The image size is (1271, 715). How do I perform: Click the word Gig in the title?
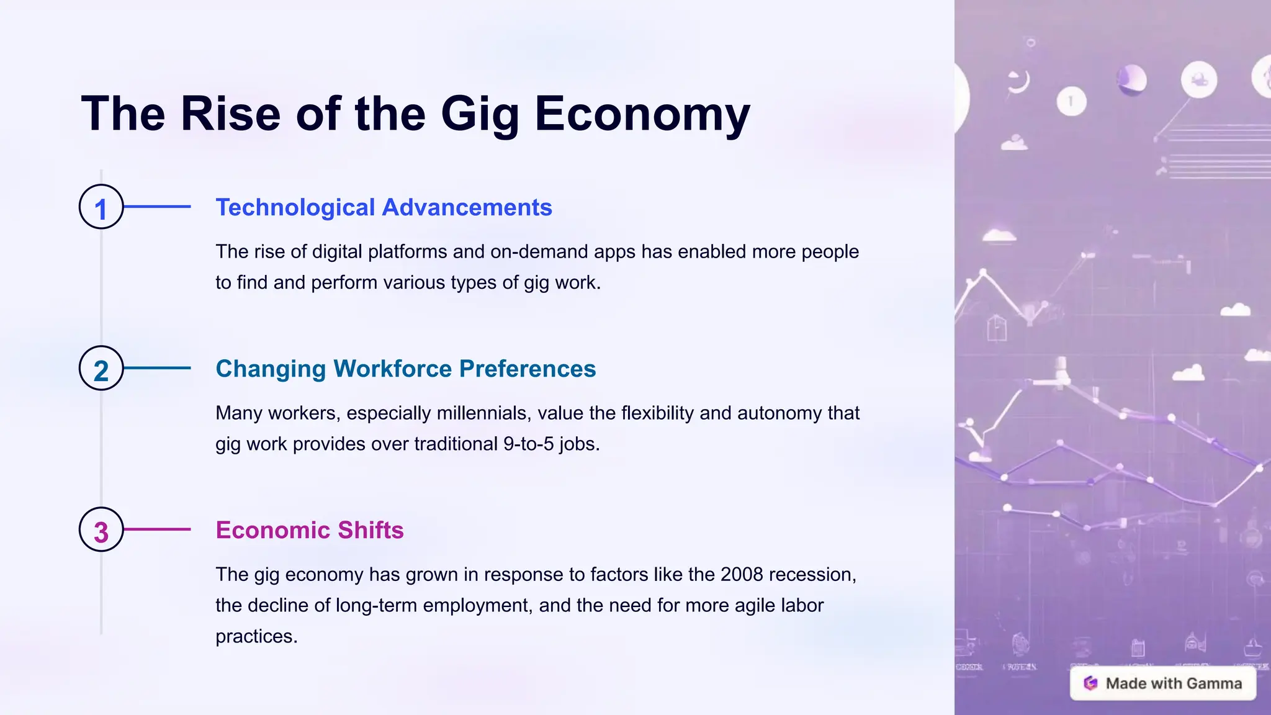(479, 114)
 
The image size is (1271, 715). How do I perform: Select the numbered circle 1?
(101, 207)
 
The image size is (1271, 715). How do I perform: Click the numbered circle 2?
(101, 368)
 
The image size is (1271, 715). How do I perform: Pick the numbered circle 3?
(101, 529)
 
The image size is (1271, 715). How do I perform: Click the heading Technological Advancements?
(384, 207)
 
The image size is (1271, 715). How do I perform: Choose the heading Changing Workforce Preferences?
(405, 369)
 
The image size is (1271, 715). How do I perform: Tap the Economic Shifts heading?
(309, 530)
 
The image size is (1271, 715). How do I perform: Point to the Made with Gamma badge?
(1162, 683)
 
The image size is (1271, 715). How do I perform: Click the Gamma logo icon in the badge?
(1090, 683)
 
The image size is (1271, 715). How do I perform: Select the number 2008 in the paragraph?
(742, 574)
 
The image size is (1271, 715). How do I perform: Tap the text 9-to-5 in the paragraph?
(528, 444)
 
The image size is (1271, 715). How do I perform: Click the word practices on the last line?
(256, 636)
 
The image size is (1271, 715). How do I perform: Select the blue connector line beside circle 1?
(158, 207)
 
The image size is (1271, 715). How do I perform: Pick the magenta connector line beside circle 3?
(158, 529)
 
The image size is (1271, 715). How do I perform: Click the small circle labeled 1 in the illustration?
(1071, 101)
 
